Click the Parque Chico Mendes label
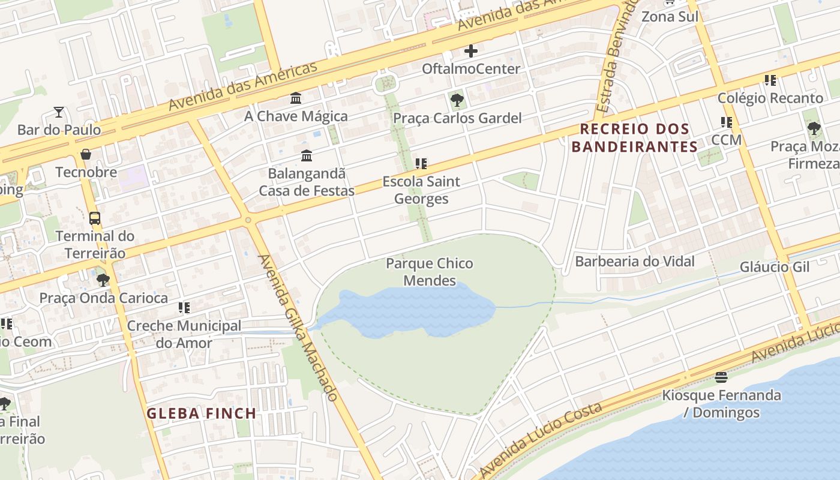429,272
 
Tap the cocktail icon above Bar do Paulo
59,112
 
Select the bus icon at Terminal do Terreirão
95,218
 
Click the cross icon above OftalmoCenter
471,51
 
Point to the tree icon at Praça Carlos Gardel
457,100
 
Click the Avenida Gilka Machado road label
298,326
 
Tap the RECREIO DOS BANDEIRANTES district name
634,138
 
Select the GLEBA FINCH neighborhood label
202,413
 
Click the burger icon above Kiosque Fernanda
721,377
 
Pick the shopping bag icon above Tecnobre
86,154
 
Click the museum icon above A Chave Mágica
296,98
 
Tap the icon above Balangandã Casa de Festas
307,156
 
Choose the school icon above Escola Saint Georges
421,163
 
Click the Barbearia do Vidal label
635,261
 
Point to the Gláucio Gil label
775,266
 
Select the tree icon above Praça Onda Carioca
103,280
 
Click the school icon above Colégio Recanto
770,80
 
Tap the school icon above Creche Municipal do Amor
184,308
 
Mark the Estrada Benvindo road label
616,60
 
